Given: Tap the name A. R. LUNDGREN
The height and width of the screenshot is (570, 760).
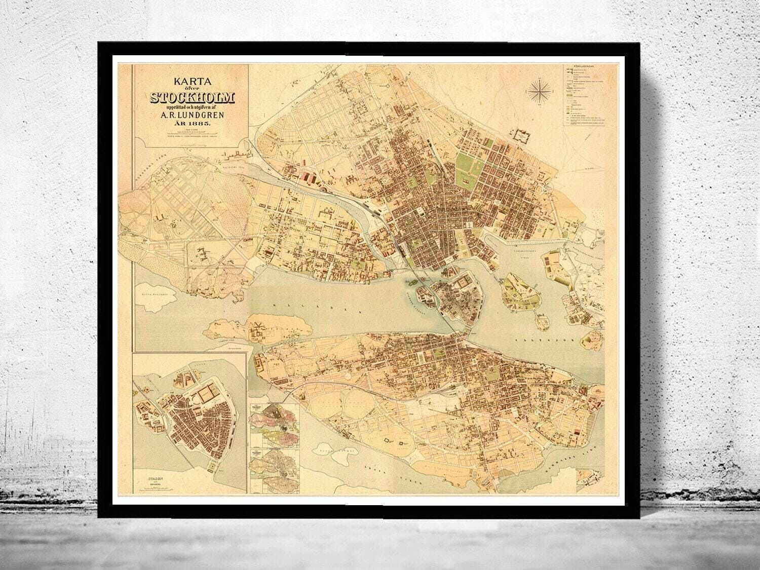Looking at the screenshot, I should tap(191, 117).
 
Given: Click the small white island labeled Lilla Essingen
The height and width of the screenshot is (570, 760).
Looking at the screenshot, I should tap(157, 292).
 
